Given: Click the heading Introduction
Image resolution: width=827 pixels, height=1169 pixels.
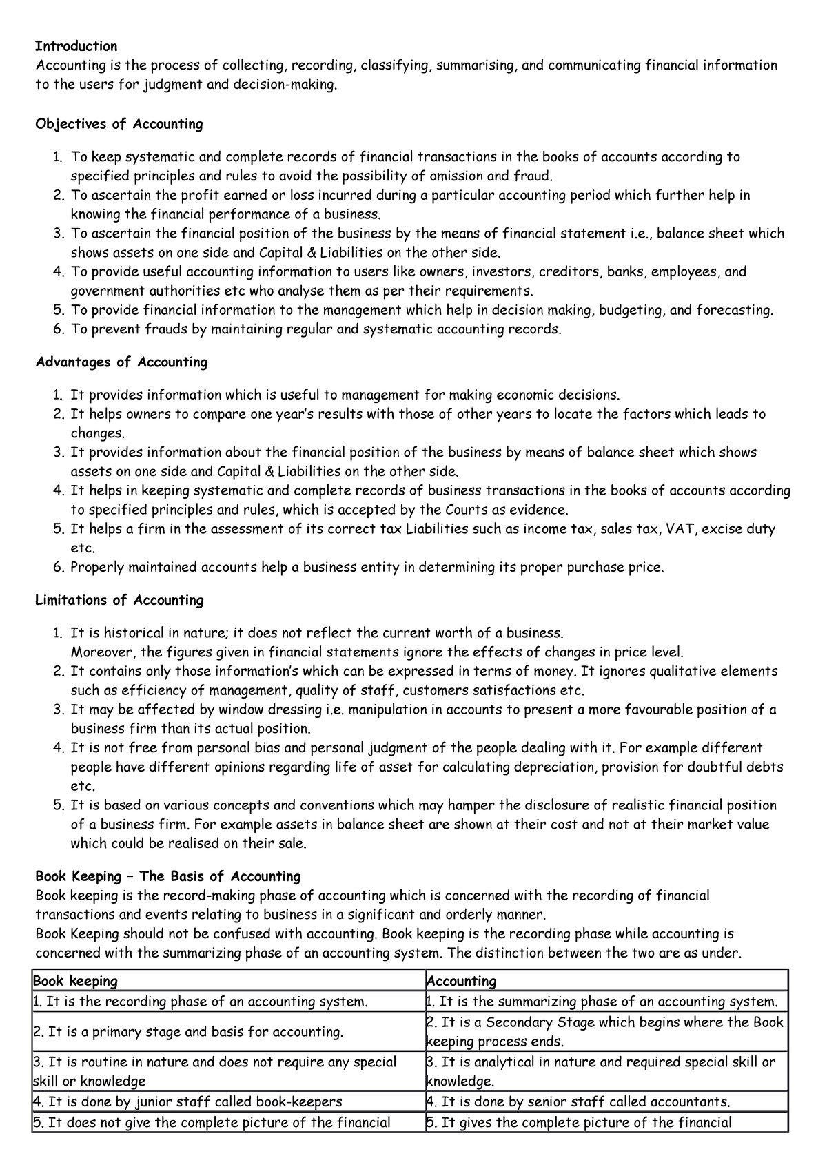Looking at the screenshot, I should click(x=76, y=46).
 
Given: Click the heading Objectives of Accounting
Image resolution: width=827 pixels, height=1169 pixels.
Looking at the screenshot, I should click(x=119, y=124).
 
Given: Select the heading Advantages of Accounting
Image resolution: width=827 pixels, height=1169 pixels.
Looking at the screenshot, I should click(x=121, y=362).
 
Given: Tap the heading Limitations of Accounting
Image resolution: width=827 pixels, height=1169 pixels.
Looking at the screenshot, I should click(x=119, y=600).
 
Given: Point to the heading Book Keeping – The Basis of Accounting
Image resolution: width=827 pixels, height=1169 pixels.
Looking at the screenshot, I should click(x=167, y=876).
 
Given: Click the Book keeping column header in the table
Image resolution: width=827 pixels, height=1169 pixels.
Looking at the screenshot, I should click(x=75, y=980).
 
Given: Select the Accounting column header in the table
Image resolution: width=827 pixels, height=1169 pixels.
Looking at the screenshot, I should click(x=461, y=980).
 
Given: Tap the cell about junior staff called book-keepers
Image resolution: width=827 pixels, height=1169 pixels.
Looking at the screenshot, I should click(x=187, y=1101).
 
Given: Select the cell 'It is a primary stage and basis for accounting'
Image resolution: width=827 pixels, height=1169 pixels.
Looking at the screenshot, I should click(x=187, y=1032).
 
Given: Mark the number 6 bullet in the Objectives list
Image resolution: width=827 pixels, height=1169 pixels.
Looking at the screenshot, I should click(x=59, y=329).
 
